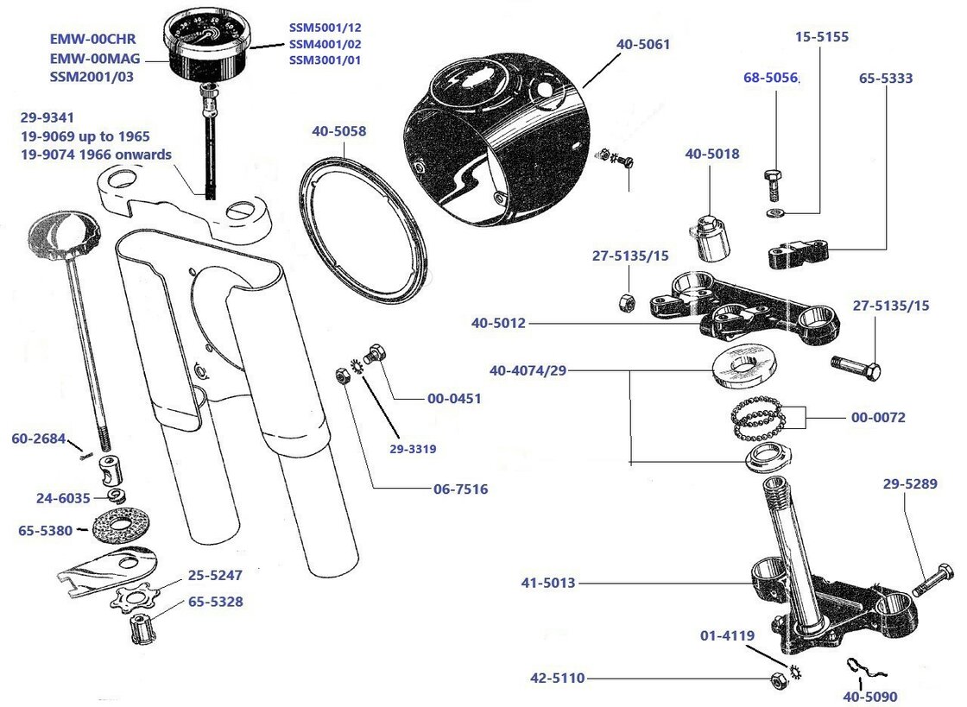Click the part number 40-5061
[643, 43]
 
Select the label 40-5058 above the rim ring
[338, 131]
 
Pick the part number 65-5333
[886, 78]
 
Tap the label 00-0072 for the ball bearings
[879, 417]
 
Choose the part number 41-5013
[548, 583]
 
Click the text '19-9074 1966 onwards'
[96, 155]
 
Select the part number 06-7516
[460, 489]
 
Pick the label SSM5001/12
[325, 27]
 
